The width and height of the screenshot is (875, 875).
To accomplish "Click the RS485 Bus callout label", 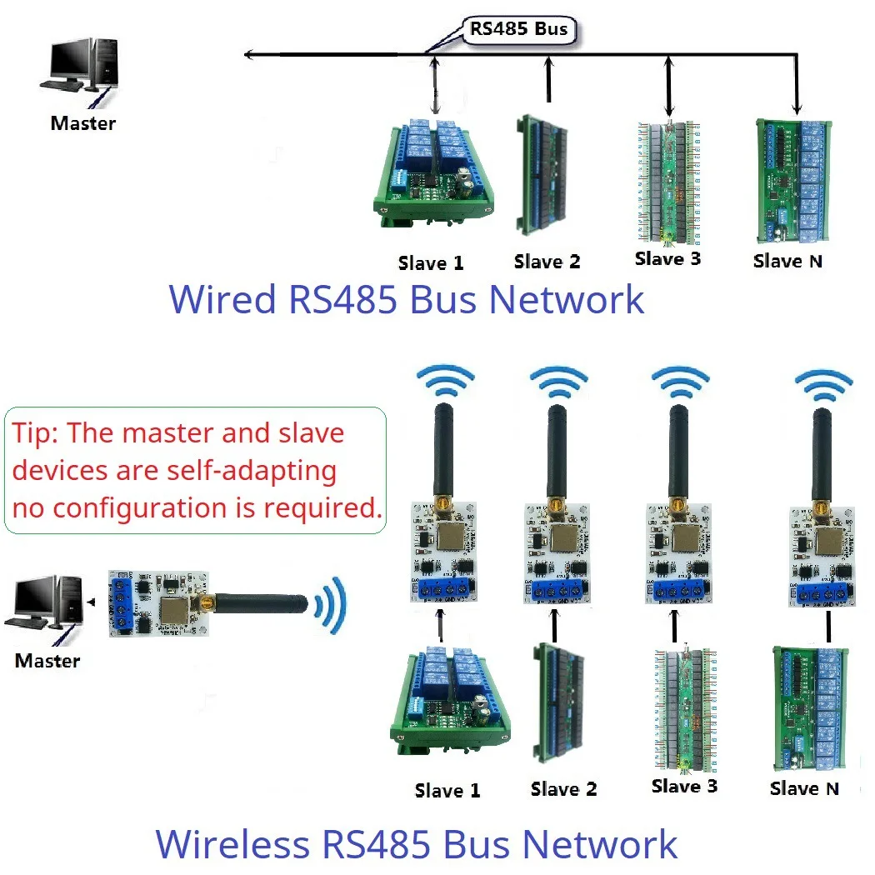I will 518,30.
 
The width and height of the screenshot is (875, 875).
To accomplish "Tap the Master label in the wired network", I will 82,123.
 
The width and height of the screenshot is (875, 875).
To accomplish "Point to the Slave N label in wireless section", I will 804,788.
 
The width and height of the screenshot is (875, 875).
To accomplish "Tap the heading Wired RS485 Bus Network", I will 407,299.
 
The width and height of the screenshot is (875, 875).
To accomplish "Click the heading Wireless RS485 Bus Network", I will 417,843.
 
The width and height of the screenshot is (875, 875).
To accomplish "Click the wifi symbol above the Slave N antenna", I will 823,382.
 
